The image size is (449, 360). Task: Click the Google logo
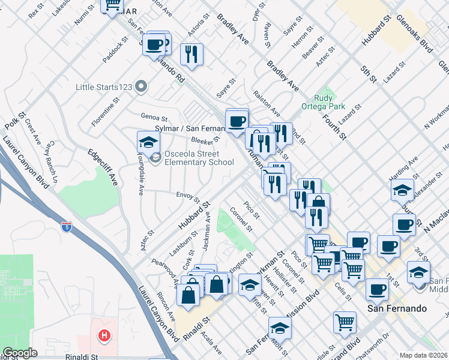click(20, 353)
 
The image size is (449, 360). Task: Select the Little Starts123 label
click(104, 87)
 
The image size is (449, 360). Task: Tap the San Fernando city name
click(397, 308)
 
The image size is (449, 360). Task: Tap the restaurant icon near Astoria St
click(191, 54)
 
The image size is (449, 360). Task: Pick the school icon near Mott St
click(279, 328)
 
